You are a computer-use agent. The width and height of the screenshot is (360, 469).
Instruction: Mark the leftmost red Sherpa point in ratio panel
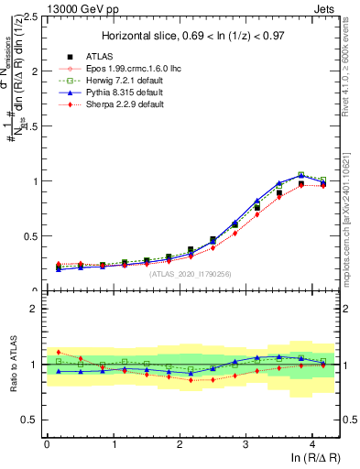tap(59, 352)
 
